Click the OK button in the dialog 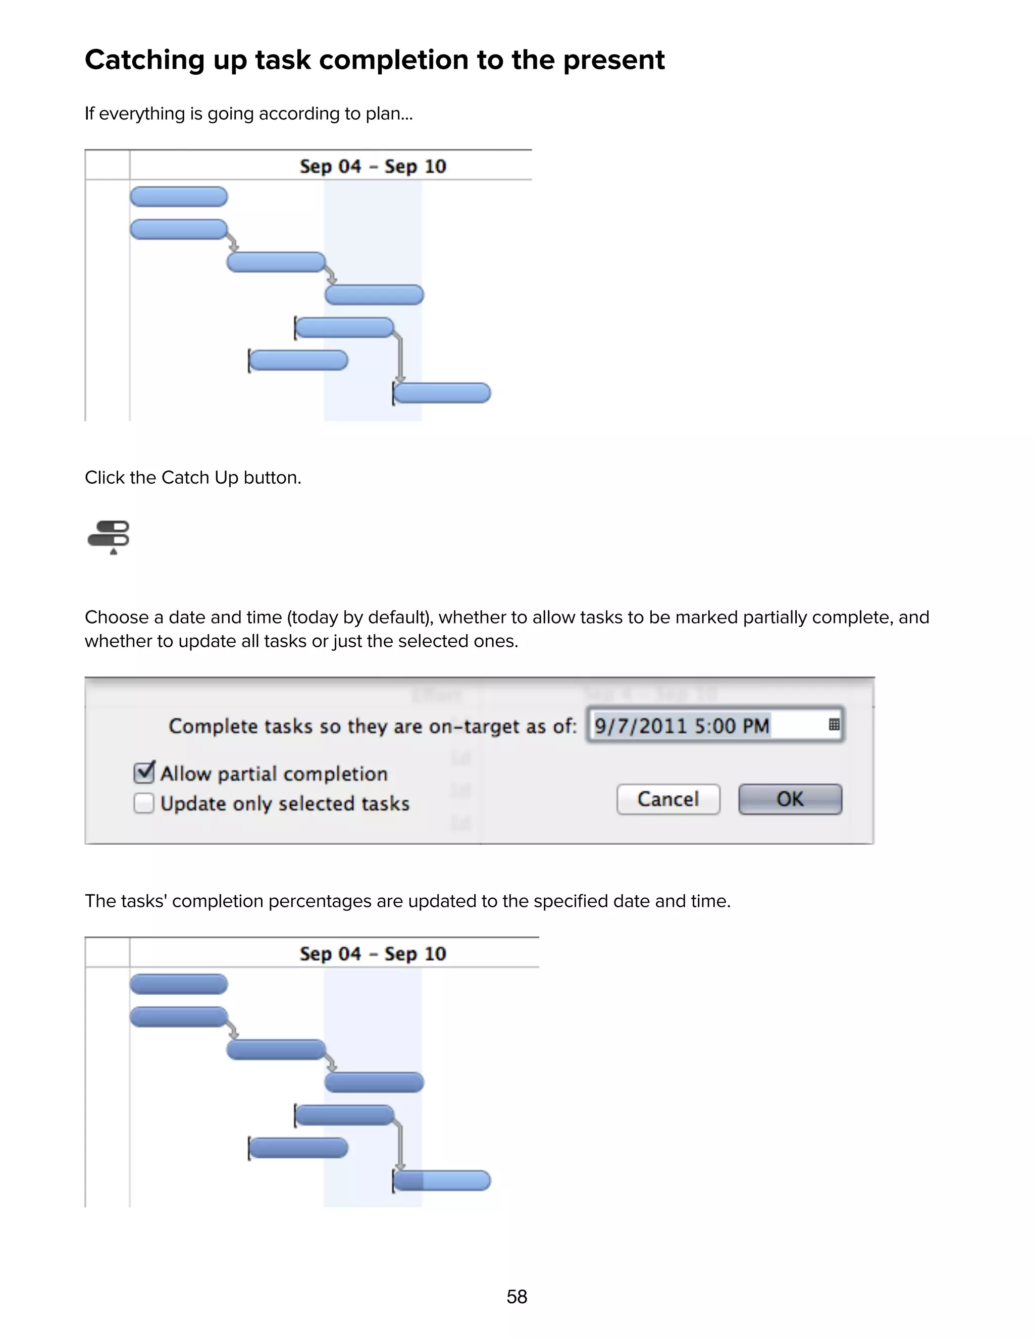pyautogui.click(x=790, y=799)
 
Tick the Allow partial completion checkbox pyautogui.click(x=144, y=773)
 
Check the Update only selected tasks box pyautogui.click(x=144, y=803)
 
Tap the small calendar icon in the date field pyautogui.click(x=834, y=725)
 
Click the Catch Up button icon pyautogui.click(x=109, y=537)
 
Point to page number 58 pyautogui.click(x=516, y=1296)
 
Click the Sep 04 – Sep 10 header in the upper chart pyautogui.click(x=373, y=166)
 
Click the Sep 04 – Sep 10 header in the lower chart pyautogui.click(x=373, y=954)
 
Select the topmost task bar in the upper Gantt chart pyautogui.click(x=178, y=196)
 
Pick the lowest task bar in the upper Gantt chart pyautogui.click(x=442, y=393)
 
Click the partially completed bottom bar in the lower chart pyautogui.click(x=442, y=1180)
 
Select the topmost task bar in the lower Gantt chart pyautogui.click(x=178, y=985)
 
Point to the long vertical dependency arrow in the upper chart pyautogui.click(x=400, y=358)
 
